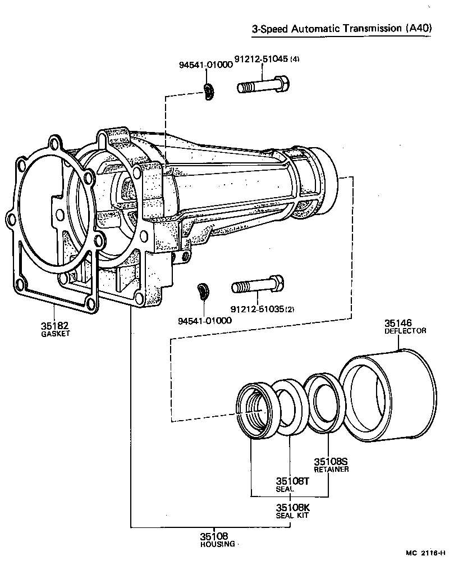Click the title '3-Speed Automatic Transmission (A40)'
(342, 29)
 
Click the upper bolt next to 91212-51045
(263, 87)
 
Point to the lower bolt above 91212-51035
(258, 286)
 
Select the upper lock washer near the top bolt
(209, 92)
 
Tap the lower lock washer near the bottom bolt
(203, 292)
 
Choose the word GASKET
(55, 334)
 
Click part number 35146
(398, 323)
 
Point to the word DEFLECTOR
(405, 331)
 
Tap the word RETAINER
(331, 469)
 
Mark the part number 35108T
(292, 481)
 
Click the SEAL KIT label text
(292, 515)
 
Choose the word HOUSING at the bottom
(217, 544)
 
